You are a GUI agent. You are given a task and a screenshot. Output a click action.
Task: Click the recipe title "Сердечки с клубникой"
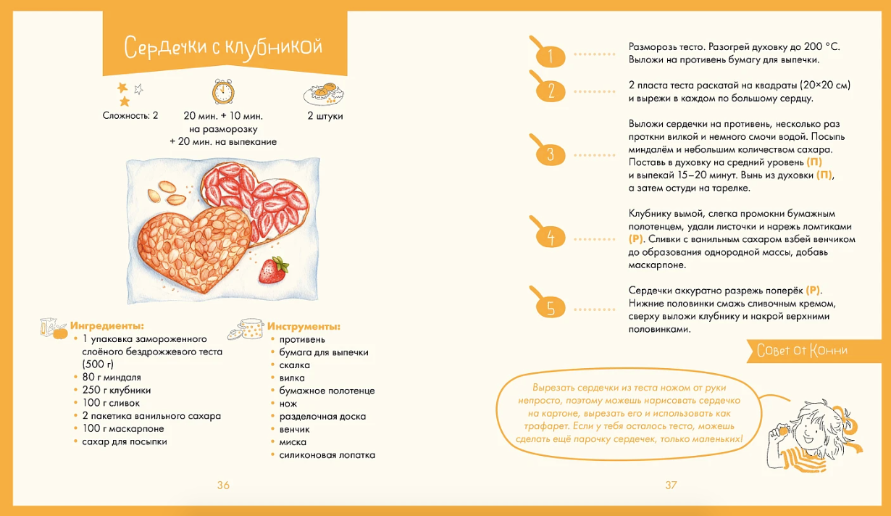pyautogui.click(x=223, y=48)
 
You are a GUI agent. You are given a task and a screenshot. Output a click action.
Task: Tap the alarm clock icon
pyautogui.click(x=223, y=91)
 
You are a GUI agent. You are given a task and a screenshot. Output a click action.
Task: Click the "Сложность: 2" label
pyautogui.click(x=130, y=116)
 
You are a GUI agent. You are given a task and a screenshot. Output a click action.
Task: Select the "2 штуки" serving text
pyautogui.click(x=325, y=116)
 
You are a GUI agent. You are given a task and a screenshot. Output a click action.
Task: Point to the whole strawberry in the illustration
pyautogui.click(x=273, y=270)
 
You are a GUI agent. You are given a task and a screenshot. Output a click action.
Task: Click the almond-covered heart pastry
pyautogui.click(x=195, y=246)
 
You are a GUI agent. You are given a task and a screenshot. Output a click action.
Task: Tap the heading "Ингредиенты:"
pyautogui.click(x=107, y=326)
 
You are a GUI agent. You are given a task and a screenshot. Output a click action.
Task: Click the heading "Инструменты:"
pyautogui.click(x=304, y=326)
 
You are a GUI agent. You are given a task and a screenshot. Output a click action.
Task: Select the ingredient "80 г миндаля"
pyautogui.click(x=112, y=378)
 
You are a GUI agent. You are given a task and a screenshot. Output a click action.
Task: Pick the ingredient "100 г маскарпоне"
pyautogui.click(x=121, y=428)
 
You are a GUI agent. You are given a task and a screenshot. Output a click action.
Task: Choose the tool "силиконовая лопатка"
pyautogui.click(x=327, y=455)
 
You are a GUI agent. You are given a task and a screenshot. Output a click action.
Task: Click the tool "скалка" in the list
pyautogui.click(x=295, y=365)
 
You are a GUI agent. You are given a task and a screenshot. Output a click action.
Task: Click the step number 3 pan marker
pyautogui.click(x=551, y=154)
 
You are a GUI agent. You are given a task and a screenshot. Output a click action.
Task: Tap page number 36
pyautogui.click(x=223, y=486)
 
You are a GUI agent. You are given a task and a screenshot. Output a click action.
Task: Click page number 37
pyautogui.click(x=671, y=486)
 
